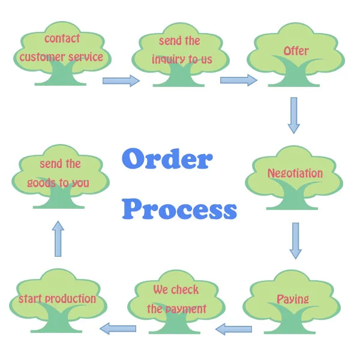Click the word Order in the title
[x=167, y=160]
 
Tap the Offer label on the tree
[x=296, y=51]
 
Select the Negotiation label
[x=295, y=173]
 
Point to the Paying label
[x=293, y=299]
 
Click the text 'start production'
[x=57, y=299]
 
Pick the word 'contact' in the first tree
[x=62, y=39]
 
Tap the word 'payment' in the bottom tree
[x=185, y=309]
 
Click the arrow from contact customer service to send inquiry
[x=121, y=80]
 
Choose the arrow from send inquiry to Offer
[x=238, y=80]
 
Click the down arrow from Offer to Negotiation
[x=293, y=115]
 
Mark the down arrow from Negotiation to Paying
[x=295, y=240]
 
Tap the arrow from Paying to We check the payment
[x=233, y=328]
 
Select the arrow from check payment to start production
[x=118, y=328]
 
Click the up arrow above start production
[x=58, y=238]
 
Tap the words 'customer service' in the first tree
[x=61, y=58]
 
